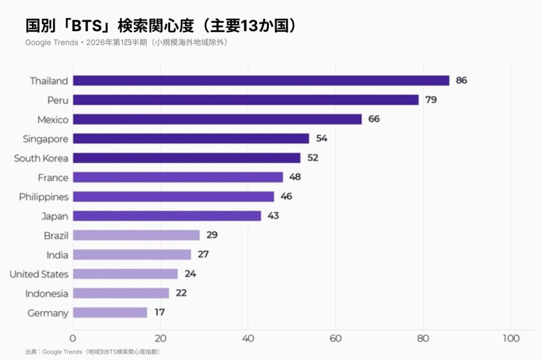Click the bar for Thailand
(261, 80)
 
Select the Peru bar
(246, 100)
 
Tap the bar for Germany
(110, 312)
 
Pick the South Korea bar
(186, 158)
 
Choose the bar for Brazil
(136, 235)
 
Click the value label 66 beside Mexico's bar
(374, 119)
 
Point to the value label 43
(273, 216)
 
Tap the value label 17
(159, 312)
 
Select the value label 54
(321, 139)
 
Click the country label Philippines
(44, 197)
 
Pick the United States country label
(39, 274)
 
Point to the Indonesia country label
(47, 293)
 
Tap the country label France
(53, 177)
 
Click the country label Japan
(55, 216)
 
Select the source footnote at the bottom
(92, 352)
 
